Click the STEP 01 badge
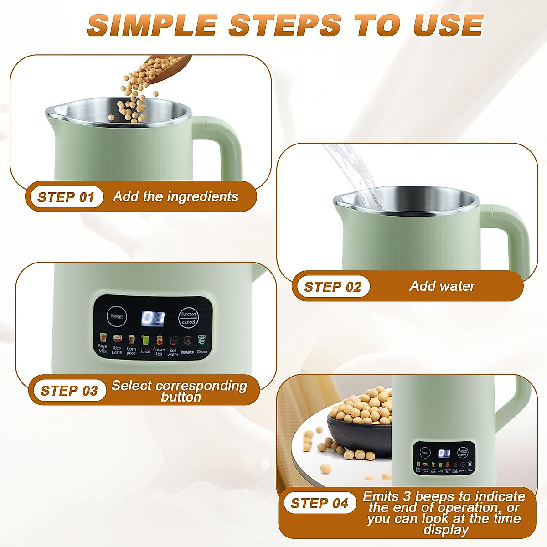tap(66, 197)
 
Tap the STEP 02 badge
tap(332, 287)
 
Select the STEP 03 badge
tap(69, 391)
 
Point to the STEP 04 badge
tap(319, 503)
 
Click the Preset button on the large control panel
tap(117, 316)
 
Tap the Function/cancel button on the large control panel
tap(188, 318)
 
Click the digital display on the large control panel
tap(153, 318)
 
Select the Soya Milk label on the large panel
tap(103, 349)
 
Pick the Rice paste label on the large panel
tap(117, 350)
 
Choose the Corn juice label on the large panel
tap(131, 351)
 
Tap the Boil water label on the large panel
tap(173, 352)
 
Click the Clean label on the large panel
tap(201, 351)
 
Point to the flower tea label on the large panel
tap(159, 351)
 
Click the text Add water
tap(442, 286)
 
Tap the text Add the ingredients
tap(175, 196)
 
